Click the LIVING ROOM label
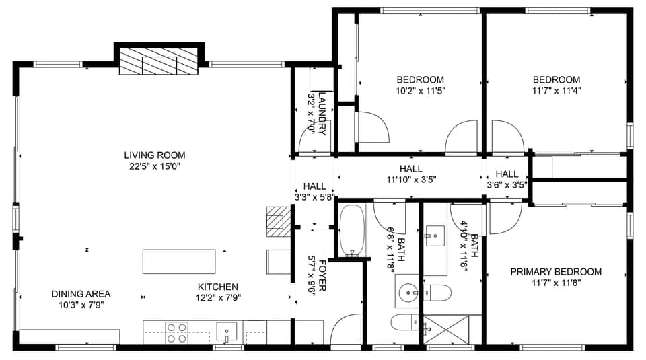(x=154, y=155)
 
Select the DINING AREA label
(x=81, y=294)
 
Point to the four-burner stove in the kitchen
(x=176, y=332)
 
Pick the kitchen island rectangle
(x=179, y=261)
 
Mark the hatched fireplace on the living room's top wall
(x=159, y=61)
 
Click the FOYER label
(x=322, y=275)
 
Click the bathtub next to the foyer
(x=351, y=231)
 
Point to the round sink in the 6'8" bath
(x=408, y=293)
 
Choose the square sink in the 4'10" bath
(x=434, y=236)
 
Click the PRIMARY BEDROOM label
(x=555, y=272)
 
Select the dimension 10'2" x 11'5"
(x=421, y=89)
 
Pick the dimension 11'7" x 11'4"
(x=557, y=89)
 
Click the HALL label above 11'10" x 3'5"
(x=410, y=169)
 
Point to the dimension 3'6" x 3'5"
(x=507, y=184)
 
